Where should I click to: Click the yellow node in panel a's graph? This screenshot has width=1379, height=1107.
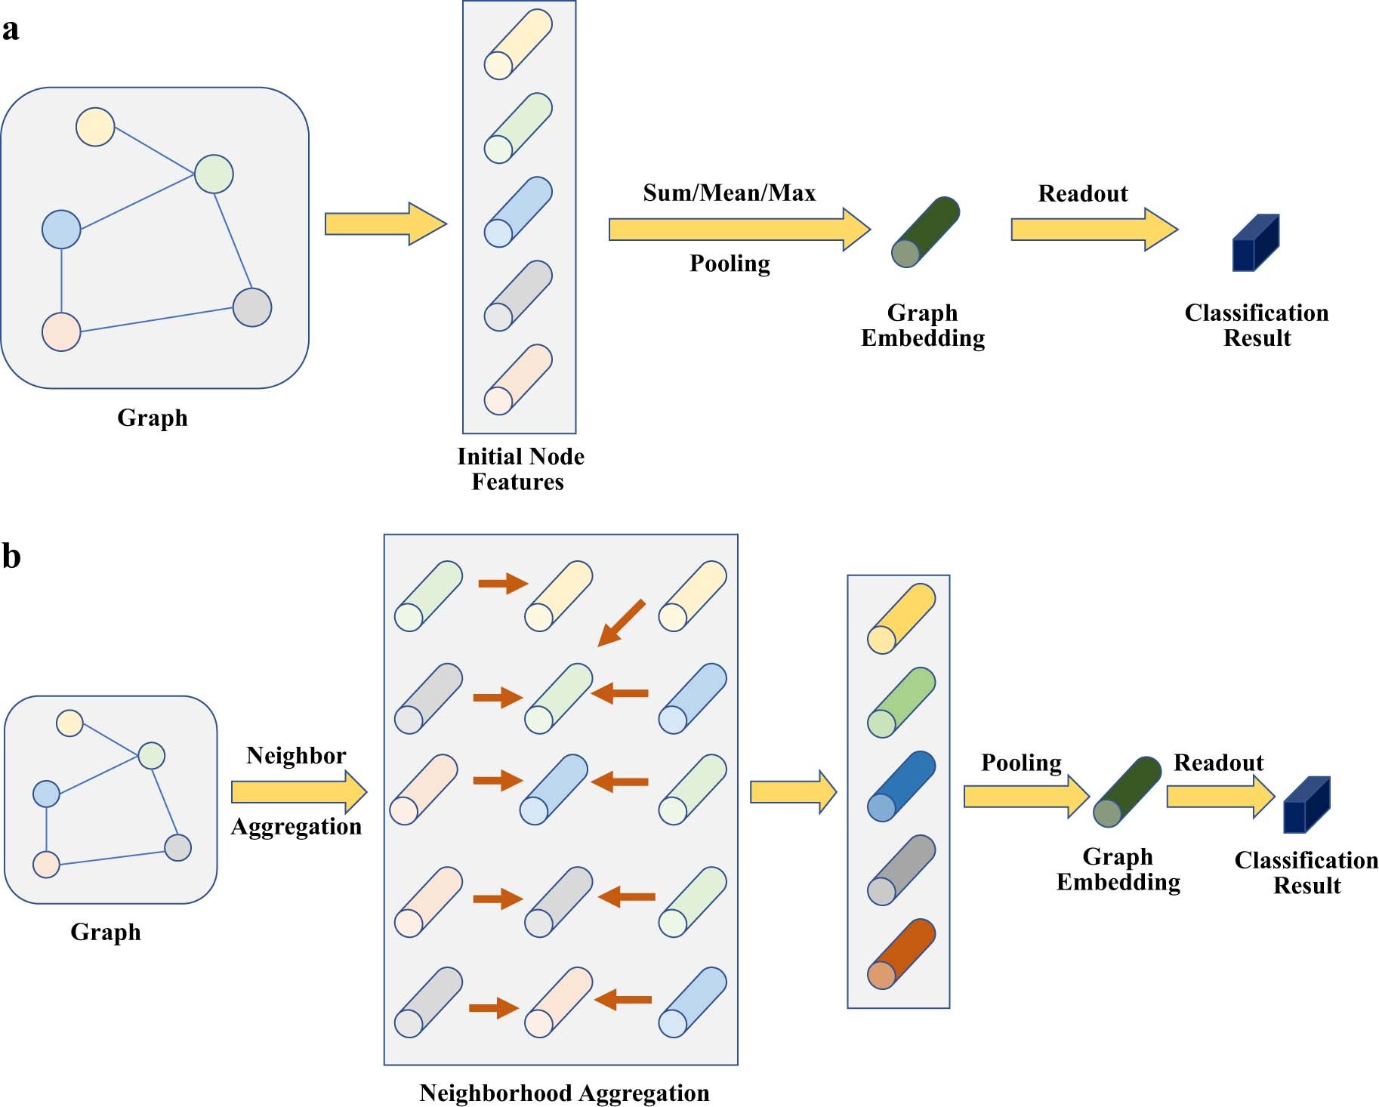click(x=95, y=127)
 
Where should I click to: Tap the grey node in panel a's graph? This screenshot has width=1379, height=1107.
click(x=252, y=307)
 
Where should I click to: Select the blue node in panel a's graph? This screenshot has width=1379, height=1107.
click(x=61, y=229)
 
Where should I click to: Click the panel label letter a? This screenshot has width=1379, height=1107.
click(x=11, y=30)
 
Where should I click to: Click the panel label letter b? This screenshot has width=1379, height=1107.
click(x=11, y=557)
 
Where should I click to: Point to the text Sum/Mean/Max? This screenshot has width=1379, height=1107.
click(x=729, y=193)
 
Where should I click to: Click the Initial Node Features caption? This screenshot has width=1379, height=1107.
click(x=520, y=468)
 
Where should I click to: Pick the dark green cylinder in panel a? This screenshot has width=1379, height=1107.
click(x=925, y=232)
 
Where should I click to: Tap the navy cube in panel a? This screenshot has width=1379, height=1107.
click(x=1255, y=243)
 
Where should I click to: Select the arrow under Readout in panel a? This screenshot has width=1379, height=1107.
click(x=1094, y=230)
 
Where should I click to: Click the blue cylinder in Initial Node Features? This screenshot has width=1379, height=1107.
click(x=518, y=212)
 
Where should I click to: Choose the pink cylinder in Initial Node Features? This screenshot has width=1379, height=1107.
click(x=518, y=380)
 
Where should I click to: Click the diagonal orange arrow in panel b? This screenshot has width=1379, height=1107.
click(x=622, y=623)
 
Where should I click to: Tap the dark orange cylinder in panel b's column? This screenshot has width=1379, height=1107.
click(x=901, y=954)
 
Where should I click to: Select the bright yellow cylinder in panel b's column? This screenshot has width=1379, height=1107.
click(x=901, y=618)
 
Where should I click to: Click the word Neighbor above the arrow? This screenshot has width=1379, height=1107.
click(x=296, y=756)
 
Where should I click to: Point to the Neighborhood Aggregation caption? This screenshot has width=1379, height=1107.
click(x=564, y=1093)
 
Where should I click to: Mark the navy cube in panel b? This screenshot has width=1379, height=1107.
click(x=1307, y=805)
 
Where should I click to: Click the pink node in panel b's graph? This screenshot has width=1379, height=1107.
click(x=47, y=864)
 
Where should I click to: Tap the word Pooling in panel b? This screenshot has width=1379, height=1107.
click(x=1021, y=763)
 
